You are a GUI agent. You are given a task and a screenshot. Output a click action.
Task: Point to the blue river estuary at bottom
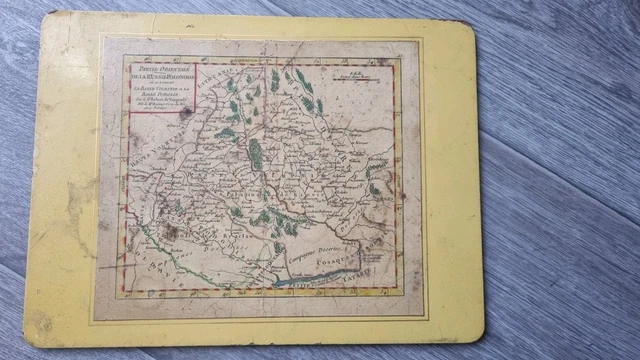300,282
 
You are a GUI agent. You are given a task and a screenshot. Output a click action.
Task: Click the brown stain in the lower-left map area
165,230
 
